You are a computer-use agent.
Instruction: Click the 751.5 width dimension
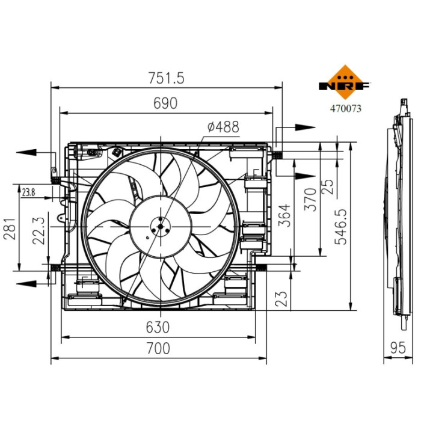coord(166,78)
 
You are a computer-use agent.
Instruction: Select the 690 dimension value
coord(165,103)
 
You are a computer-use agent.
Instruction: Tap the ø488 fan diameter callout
coord(223,127)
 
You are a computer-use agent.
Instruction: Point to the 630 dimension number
coord(158,328)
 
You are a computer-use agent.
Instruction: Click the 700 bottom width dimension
coord(158,348)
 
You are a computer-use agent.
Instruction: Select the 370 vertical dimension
coord(310,200)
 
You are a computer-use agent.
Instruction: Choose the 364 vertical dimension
coord(284,216)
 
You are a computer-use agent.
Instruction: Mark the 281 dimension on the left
coord(10,229)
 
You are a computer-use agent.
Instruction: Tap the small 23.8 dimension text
coord(28,192)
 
